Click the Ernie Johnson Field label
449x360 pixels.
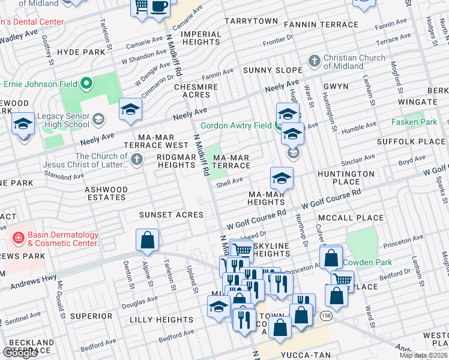[x=40, y=83]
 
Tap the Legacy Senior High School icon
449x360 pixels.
[x=98, y=120]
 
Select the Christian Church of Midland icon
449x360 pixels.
[x=313, y=61]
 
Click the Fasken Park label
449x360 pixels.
[x=414, y=121]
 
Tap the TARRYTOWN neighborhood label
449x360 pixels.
[x=252, y=21]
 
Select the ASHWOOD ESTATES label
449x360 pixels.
[x=107, y=193]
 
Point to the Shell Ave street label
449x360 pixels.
[x=229, y=181]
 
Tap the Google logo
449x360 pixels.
[x=20, y=353]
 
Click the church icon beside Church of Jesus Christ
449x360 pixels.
[x=137, y=160]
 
